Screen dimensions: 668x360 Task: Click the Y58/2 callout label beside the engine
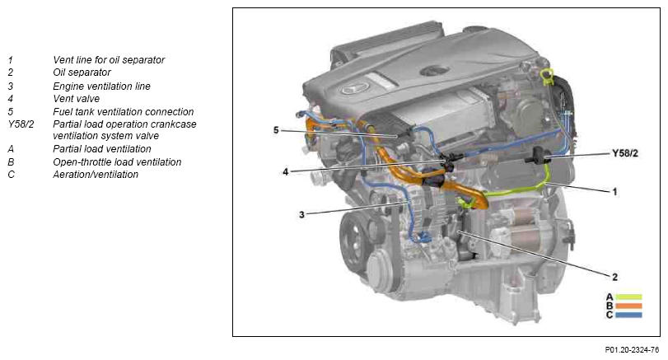pos(625,153)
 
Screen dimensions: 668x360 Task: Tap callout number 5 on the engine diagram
pos(276,130)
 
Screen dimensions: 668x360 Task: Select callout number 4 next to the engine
pos(286,171)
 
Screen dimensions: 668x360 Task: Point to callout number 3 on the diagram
pos(301,215)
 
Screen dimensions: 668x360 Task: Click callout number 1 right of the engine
pos(614,192)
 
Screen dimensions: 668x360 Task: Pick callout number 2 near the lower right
pos(614,277)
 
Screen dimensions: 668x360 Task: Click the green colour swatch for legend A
pos(628,297)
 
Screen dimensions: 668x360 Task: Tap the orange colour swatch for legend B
pos(628,306)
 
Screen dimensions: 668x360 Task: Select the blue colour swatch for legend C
pos(628,316)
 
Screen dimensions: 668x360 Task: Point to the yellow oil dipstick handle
pos(547,76)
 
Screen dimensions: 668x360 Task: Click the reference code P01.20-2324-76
pos(632,350)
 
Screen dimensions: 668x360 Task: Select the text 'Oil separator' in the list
pos(82,72)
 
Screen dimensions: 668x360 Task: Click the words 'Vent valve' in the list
pos(77,99)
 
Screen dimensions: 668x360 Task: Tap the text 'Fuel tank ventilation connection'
pos(123,112)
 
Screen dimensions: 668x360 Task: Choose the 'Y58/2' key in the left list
pos(21,124)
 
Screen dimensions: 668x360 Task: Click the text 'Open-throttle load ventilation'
pos(117,162)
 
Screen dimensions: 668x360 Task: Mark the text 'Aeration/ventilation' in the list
pos(96,175)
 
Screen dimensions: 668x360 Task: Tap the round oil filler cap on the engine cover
pos(435,71)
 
